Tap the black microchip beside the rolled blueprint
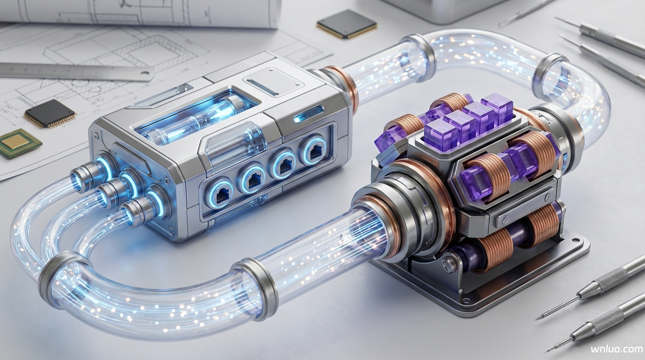[x=346, y=24]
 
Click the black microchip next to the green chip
[x=50, y=114]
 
